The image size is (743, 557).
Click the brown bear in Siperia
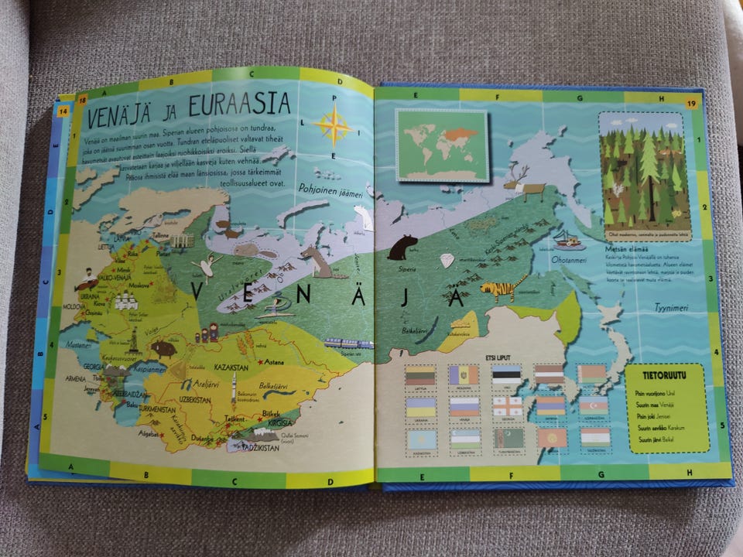[x=402, y=247]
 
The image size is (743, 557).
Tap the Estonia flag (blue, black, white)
[x=506, y=374]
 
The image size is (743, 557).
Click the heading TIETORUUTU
[x=668, y=375]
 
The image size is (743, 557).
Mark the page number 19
[x=691, y=101]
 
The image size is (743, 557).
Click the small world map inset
[x=441, y=145]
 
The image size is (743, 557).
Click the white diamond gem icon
[x=447, y=261]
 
